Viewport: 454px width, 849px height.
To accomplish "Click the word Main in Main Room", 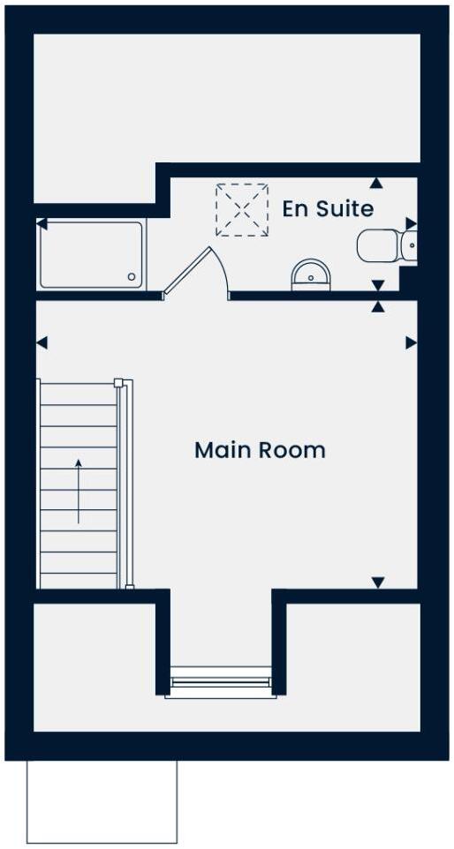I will pyautogui.click(x=220, y=450).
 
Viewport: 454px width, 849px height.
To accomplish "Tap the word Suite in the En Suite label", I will pyautogui.click(x=344, y=209).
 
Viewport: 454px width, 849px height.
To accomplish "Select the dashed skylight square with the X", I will pyautogui.click(x=242, y=210).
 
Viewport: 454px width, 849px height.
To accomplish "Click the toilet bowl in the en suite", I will pyautogui.click(x=377, y=245).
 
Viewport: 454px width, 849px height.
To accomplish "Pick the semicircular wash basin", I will pyautogui.click(x=310, y=275).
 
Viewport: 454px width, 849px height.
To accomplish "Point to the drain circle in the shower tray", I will pyautogui.click(x=132, y=277).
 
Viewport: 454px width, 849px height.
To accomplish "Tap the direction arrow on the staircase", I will pyautogui.click(x=78, y=491).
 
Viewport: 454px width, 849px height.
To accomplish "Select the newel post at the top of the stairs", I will pyautogui.click(x=117, y=382).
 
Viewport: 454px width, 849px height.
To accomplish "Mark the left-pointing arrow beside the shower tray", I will pyautogui.click(x=42, y=225).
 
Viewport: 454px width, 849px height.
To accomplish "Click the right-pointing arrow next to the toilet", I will pyautogui.click(x=411, y=223).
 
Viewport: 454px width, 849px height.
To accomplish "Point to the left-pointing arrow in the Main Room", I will pyautogui.click(x=42, y=342).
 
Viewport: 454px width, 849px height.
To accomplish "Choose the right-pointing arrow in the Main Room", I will pyautogui.click(x=411, y=342).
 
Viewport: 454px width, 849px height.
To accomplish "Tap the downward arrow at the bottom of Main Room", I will pyautogui.click(x=378, y=582).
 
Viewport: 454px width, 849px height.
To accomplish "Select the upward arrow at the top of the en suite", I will pyautogui.click(x=377, y=183).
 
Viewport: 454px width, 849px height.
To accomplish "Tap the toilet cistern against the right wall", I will pyautogui.click(x=408, y=245).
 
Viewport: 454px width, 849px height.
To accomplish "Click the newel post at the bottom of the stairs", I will pyautogui.click(x=130, y=586).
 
